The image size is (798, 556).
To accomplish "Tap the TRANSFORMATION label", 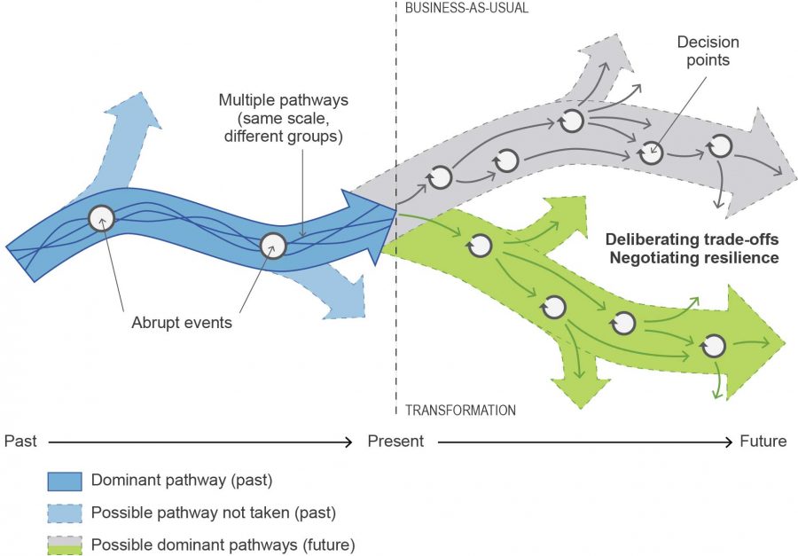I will (x=460, y=411).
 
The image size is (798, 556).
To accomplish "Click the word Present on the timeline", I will (x=395, y=441).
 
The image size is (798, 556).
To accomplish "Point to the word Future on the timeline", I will (x=763, y=441).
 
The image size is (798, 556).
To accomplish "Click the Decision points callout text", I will (x=708, y=51).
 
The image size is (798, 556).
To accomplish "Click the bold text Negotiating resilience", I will (x=692, y=258).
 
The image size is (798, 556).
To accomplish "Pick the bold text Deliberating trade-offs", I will (x=692, y=240).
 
